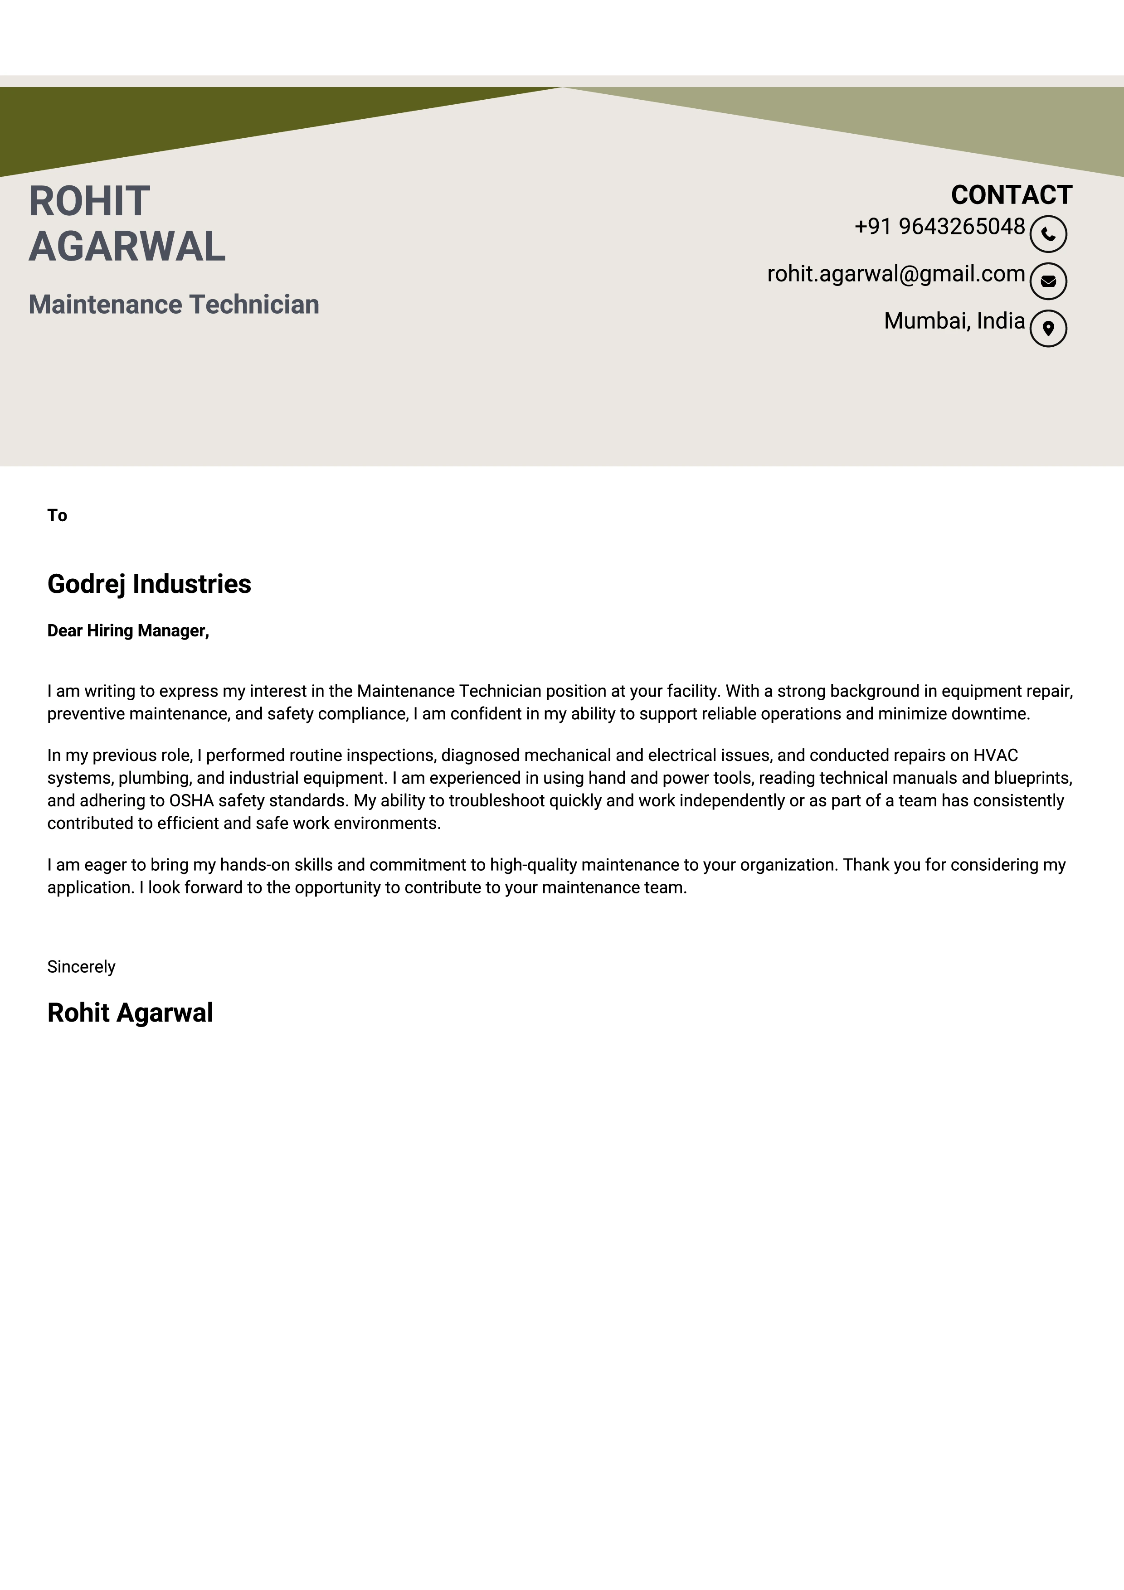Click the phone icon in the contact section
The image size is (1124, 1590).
tap(1048, 234)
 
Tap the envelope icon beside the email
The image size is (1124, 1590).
tap(1048, 281)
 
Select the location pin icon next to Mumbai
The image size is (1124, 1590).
tap(1048, 328)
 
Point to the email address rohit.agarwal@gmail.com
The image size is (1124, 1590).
tap(895, 274)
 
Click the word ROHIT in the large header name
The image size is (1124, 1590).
tap(89, 202)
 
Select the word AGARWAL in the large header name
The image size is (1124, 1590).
tap(127, 247)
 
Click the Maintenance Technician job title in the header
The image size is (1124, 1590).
tap(174, 305)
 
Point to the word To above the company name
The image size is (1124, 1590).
tap(57, 515)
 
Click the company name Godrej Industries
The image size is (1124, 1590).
tap(149, 584)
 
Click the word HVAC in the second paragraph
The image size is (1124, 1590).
tap(995, 756)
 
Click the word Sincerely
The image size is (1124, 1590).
tap(81, 967)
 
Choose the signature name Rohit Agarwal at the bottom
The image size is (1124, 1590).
tap(130, 1013)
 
